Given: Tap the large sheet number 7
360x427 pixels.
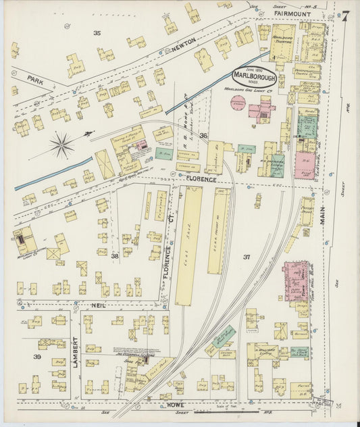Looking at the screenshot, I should [345, 16].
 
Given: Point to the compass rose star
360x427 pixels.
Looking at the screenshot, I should [61, 144].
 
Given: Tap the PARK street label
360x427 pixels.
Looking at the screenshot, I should [36, 79].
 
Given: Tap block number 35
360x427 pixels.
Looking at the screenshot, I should [97, 32].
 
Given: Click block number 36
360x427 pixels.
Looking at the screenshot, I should [203, 135].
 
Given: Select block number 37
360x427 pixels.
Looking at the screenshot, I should [247, 257].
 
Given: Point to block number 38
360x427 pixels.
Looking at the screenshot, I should [115, 256].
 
